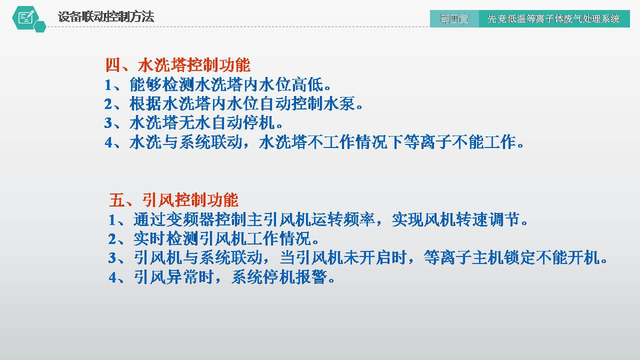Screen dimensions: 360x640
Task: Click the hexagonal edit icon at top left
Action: tap(26, 18)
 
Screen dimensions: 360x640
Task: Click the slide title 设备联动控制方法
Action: tap(105, 17)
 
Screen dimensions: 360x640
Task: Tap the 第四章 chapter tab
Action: tap(454, 19)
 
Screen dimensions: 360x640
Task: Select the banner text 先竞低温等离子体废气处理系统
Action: tap(553, 19)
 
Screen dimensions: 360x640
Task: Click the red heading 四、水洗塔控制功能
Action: tap(177, 65)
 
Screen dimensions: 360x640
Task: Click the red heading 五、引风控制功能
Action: tap(173, 200)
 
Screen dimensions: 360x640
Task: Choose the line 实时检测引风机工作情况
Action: tap(214, 238)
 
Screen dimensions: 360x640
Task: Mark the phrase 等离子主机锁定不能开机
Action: tap(516, 258)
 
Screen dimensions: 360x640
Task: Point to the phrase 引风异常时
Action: tap(170, 277)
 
